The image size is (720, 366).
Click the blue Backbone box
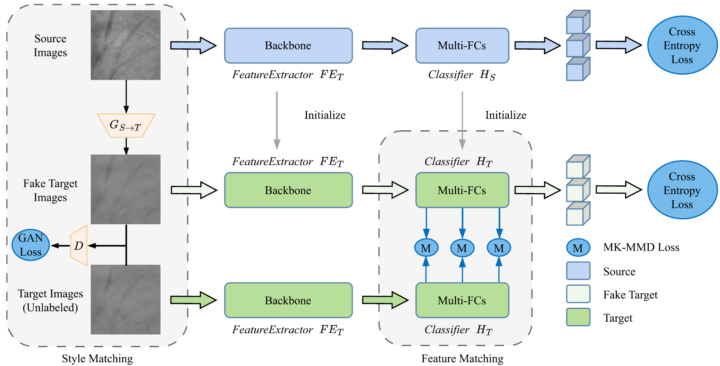(x=288, y=46)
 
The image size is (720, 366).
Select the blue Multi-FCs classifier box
(x=462, y=46)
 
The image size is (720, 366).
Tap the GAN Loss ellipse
(x=31, y=245)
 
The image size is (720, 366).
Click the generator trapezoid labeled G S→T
(x=126, y=126)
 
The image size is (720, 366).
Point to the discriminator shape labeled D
(x=79, y=246)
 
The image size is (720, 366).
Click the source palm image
(x=125, y=45)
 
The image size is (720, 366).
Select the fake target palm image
(x=125, y=189)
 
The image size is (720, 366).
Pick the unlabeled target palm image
(x=125, y=299)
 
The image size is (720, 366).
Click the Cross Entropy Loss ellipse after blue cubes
(x=682, y=45)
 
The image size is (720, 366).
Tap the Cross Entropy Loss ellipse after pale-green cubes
(x=682, y=190)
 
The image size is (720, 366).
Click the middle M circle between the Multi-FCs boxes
(x=462, y=248)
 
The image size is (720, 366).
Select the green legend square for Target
(x=578, y=317)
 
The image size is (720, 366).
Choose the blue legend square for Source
(x=578, y=271)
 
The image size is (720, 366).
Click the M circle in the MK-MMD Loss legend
(x=578, y=248)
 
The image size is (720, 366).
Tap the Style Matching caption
(x=97, y=359)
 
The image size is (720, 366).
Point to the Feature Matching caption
(x=462, y=359)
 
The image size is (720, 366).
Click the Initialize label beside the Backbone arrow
(x=325, y=115)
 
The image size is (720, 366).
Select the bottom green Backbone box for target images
(x=288, y=300)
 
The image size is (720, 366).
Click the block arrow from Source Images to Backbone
(x=193, y=46)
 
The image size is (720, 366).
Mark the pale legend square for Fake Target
(x=578, y=294)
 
